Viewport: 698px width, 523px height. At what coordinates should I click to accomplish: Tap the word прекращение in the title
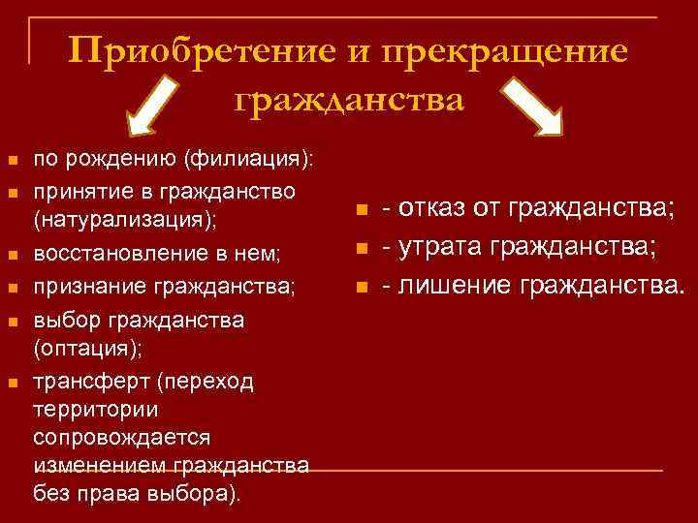[507, 50]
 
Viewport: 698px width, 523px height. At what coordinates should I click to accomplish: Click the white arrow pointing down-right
[534, 108]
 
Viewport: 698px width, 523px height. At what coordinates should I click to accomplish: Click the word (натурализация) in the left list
[125, 219]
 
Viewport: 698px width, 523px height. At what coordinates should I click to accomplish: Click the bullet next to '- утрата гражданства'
[361, 249]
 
